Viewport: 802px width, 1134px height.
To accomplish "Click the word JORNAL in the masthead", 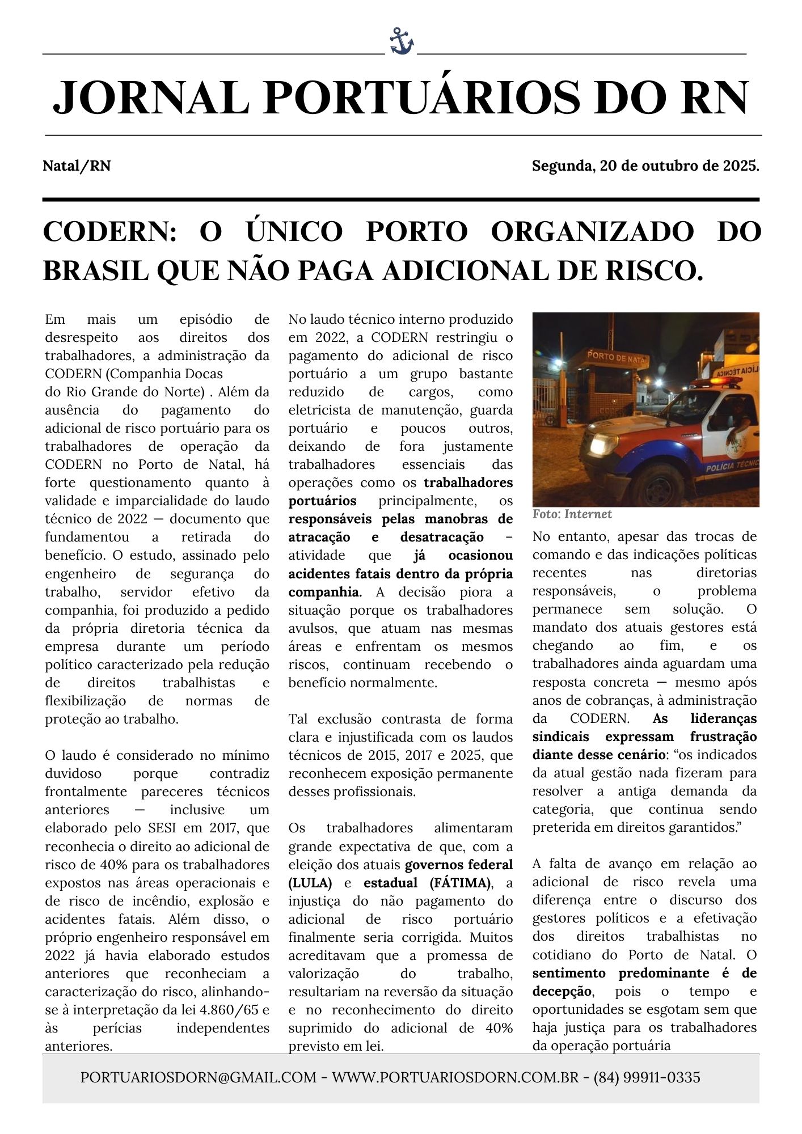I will point(151,98).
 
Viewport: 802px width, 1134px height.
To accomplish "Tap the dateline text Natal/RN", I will point(77,166).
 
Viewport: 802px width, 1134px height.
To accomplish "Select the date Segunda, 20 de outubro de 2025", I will point(645,166).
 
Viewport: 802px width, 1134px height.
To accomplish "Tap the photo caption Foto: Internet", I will point(572,514).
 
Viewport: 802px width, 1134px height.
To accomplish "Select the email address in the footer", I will point(198,1077).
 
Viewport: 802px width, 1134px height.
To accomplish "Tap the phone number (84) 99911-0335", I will point(647,1077).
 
